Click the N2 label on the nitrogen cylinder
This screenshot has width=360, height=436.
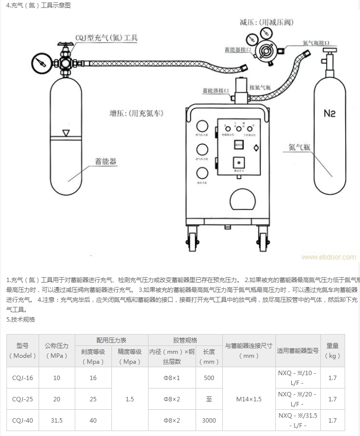330,113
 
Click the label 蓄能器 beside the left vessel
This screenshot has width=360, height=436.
106,161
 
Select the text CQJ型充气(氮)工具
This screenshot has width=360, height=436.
106,38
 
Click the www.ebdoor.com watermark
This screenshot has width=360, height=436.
328,257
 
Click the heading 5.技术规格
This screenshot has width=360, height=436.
21,319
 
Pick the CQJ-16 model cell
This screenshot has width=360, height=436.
23,378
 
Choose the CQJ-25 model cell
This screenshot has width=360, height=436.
23,399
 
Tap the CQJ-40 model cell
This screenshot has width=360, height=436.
23,420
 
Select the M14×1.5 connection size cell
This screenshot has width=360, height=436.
249,399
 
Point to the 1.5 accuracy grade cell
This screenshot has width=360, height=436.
130,399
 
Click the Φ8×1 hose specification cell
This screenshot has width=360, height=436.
172,378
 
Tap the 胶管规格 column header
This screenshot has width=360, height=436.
185,340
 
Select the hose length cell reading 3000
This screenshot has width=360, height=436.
209,420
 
